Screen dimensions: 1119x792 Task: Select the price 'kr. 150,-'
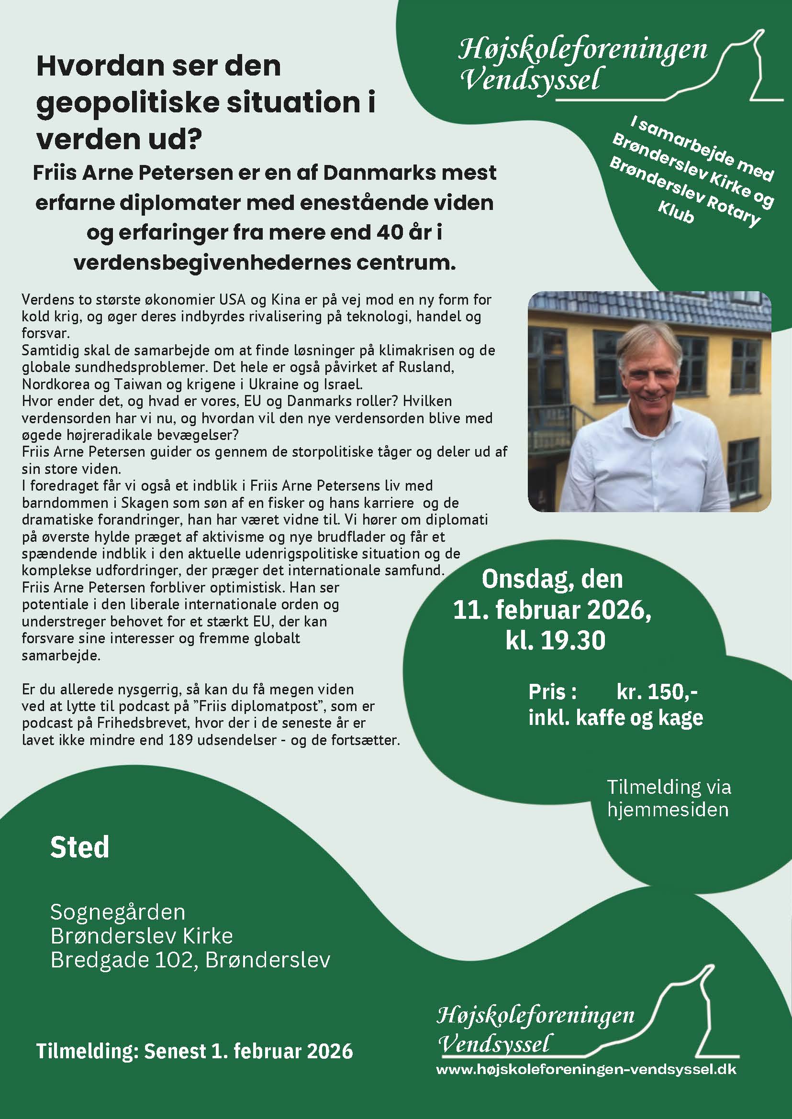tap(657, 691)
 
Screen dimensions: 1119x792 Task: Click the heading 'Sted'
tap(79, 847)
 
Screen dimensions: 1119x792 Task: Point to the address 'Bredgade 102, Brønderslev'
tap(190, 960)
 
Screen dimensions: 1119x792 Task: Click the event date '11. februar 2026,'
tap(552, 610)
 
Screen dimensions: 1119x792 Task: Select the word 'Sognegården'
tap(118, 912)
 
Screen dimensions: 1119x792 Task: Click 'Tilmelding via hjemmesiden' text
tap(668, 798)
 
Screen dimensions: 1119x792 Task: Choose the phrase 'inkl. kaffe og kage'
tap(615, 718)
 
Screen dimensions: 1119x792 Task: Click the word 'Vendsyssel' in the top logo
tap(530, 79)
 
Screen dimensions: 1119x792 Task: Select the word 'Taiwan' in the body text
tap(134, 384)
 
